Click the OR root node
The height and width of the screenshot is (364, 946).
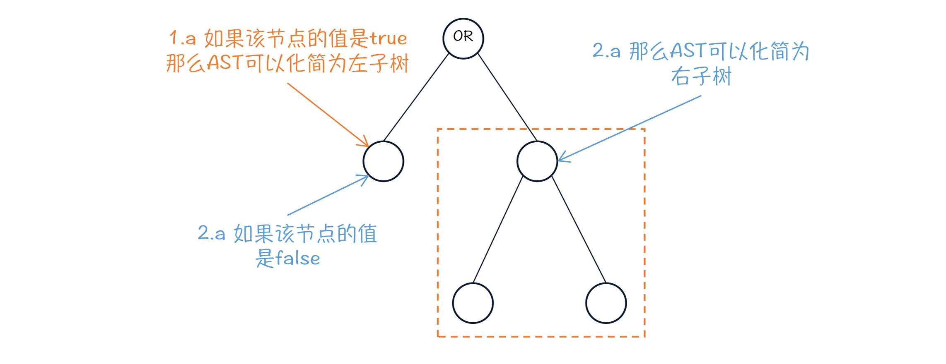coord(463,38)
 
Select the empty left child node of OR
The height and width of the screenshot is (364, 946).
coord(384,161)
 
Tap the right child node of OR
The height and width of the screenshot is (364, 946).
coord(537,161)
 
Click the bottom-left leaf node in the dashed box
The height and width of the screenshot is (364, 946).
coord(473,303)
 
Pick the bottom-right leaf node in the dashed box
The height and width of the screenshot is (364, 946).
coord(606,303)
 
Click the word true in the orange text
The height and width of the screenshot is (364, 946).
coord(389,39)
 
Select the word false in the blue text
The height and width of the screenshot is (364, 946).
coord(297,259)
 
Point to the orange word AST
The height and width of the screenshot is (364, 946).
coord(224,63)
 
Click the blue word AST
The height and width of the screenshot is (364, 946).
coord(688,51)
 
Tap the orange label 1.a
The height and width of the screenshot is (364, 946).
coord(182,38)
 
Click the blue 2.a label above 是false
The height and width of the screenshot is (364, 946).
coord(211,233)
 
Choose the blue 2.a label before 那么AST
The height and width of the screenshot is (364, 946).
coord(606,51)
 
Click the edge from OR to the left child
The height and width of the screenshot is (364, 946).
coord(416,97)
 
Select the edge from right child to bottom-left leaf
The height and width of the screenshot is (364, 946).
coord(498,230)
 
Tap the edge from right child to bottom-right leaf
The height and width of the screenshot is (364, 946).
coord(579,230)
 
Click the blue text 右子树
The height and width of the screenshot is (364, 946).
coord(701,77)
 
